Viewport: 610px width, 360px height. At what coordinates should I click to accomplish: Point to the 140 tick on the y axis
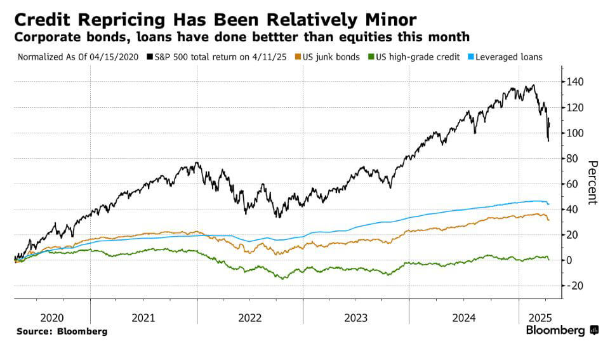[575, 82]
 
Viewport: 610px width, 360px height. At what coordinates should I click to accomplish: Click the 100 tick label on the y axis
[575, 133]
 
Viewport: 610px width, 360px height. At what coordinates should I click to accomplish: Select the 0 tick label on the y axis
[570, 260]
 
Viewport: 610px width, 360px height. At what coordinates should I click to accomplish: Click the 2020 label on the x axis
[52, 317]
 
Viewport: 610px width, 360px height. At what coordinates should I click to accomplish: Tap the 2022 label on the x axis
[249, 317]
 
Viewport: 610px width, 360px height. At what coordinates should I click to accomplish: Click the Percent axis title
[592, 182]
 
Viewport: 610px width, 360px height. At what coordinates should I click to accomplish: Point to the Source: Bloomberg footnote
[62, 331]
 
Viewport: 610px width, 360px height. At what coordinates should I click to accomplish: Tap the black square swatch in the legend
[149, 57]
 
